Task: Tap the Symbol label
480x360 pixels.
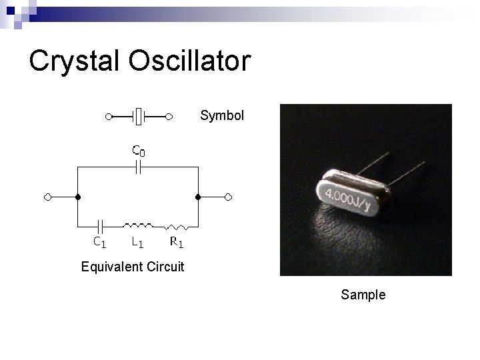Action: pyautogui.click(x=222, y=115)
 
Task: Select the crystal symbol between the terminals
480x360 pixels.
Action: pyautogui.click(x=139, y=117)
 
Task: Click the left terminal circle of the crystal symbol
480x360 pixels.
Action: pyautogui.click(x=109, y=117)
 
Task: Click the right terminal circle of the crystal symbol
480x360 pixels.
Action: pyautogui.click(x=169, y=117)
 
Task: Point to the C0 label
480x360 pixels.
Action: pyautogui.click(x=138, y=151)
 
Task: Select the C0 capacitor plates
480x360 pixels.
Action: pyautogui.click(x=138, y=168)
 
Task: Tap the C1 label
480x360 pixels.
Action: pyautogui.click(x=98, y=242)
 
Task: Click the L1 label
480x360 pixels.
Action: pyautogui.click(x=138, y=242)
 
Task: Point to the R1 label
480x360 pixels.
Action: pyautogui.click(x=176, y=242)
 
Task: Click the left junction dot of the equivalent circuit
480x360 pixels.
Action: pyautogui.click(x=78, y=197)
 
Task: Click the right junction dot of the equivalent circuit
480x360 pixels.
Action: pyautogui.click(x=198, y=197)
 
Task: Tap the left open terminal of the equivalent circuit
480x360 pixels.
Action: pyautogui.click(x=47, y=197)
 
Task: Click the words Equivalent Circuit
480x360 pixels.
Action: pyautogui.click(x=132, y=268)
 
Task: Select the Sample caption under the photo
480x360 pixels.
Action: pyautogui.click(x=363, y=294)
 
